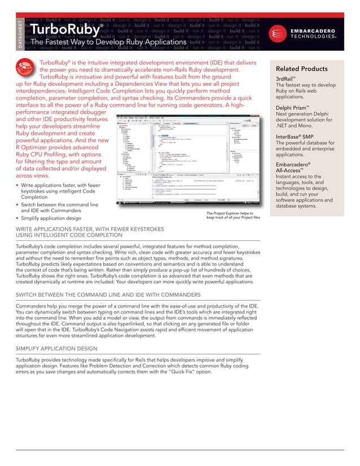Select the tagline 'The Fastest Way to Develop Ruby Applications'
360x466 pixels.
(108, 42)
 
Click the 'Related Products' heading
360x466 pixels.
(302, 69)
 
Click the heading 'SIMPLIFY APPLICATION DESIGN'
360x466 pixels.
(56, 348)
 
